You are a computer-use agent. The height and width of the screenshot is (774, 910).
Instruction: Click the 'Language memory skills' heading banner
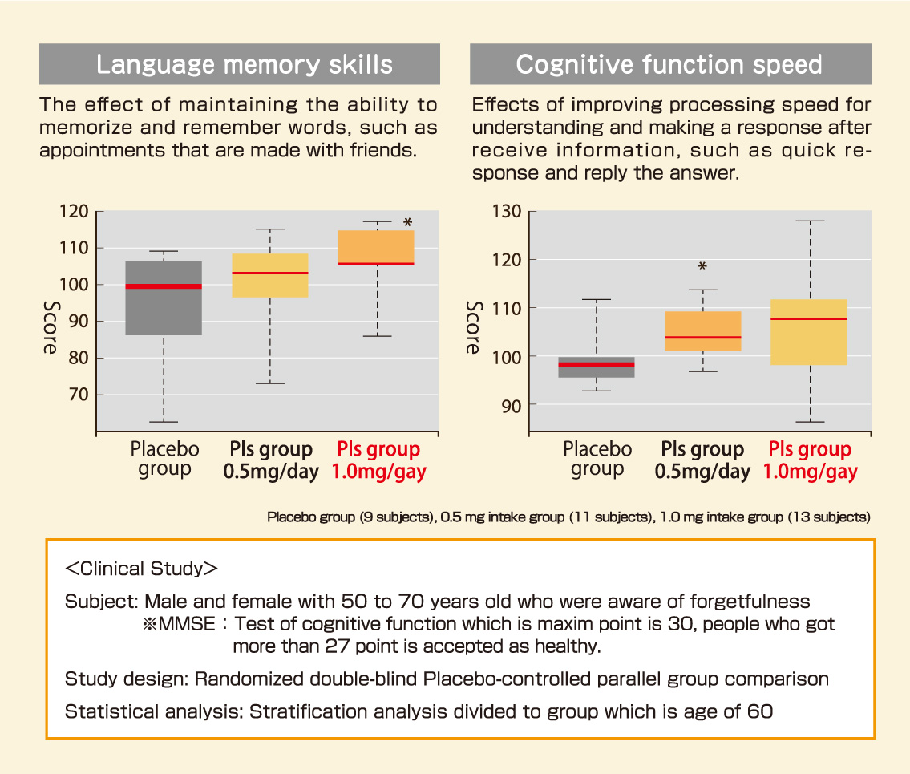pyautogui.click(x=239, y=64)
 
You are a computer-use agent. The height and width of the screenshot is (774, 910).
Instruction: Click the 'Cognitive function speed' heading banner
pyautogui.click(x=669, y=64)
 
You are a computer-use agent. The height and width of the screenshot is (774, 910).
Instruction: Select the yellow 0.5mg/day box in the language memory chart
pyautogui.click(x=270, y=275)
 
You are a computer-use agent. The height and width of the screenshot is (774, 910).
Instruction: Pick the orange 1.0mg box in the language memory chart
pyautogui.click(x=376, y=246)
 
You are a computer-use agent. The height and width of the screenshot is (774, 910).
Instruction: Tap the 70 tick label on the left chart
pyautogui.click(x=76, y=395)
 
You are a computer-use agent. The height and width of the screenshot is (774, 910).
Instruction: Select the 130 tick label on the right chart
pyautogui.click(x=505, y=212)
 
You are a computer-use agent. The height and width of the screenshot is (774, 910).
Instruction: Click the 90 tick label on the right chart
pyautogui.click(x=509, y=405)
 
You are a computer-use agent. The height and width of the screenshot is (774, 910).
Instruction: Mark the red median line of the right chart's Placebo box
pyautogui.click(x=597, y=364)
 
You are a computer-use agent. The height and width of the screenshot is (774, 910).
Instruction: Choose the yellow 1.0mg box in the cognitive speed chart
pyautogui.click(x=809, y=332)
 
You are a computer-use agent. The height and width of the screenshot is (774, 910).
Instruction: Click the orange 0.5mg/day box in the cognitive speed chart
pyautogui.click(x=702, y=331)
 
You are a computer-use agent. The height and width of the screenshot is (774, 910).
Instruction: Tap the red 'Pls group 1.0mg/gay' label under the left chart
pyautogui.click(x=378, y=460)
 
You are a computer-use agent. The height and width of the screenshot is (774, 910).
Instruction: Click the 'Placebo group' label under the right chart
pyautogui.click(x=597, y=459)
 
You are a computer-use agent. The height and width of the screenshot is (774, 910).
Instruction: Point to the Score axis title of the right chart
pyautogui.click(x=474, y=327)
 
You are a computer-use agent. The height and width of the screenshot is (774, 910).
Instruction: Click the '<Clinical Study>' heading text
pyautogui.click(x=141, y=569)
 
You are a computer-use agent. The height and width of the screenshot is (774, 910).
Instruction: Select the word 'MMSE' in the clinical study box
pyautogui.click(x=185, y=624)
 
